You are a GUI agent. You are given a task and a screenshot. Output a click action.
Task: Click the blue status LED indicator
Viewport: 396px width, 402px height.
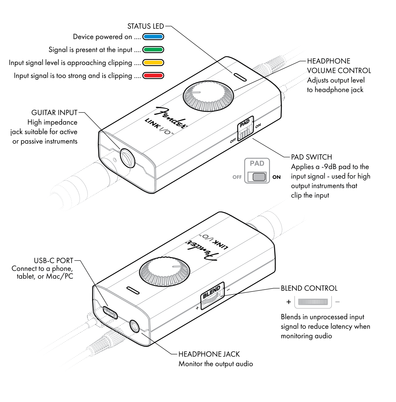153,37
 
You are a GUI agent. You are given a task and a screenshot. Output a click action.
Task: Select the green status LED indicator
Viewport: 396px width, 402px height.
153,50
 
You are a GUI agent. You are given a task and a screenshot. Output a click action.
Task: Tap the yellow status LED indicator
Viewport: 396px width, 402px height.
153,63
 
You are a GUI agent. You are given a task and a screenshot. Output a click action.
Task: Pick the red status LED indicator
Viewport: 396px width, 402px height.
153,76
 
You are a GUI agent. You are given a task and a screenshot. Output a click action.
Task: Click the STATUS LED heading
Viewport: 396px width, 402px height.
146,26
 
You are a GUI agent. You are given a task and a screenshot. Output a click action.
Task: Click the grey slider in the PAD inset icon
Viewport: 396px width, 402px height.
259,177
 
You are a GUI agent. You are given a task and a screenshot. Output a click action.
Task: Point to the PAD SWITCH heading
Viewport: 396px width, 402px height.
311,157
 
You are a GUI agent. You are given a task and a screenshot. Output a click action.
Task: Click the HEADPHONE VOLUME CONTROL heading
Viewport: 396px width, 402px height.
339,66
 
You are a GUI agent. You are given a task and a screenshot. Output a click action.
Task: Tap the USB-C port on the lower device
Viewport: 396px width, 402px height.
111,312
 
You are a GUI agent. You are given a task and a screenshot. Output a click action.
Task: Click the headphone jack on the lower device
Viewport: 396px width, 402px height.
134,327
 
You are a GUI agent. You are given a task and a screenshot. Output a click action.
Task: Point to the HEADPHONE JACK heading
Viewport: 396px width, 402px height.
209,355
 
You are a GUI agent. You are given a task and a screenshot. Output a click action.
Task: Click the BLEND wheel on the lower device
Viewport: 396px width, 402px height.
212,295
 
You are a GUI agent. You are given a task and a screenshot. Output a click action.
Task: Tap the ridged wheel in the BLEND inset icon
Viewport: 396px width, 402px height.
313,302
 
